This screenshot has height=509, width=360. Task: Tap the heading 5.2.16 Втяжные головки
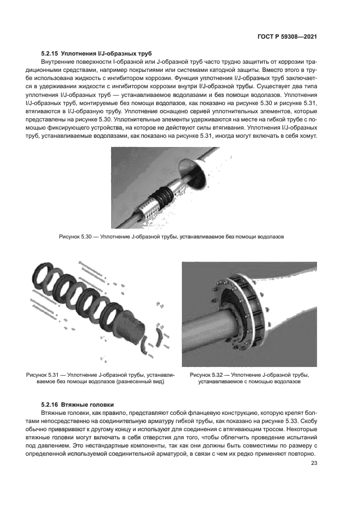coord(77,404)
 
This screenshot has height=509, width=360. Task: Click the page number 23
coord(314,463)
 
